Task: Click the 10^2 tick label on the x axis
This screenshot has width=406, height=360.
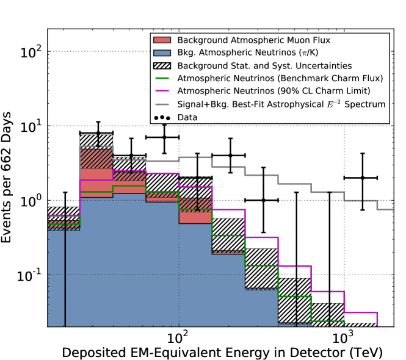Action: coord(178,336)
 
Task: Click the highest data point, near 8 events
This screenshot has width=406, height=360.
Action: coord(98,132)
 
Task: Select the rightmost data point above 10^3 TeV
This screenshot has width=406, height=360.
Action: coord(362,178)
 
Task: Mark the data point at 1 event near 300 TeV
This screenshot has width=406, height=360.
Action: coord(263,200)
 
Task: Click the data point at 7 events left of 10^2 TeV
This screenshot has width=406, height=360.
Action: coord(164,137)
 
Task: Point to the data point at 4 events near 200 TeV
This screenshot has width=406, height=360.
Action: coord(230,155)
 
